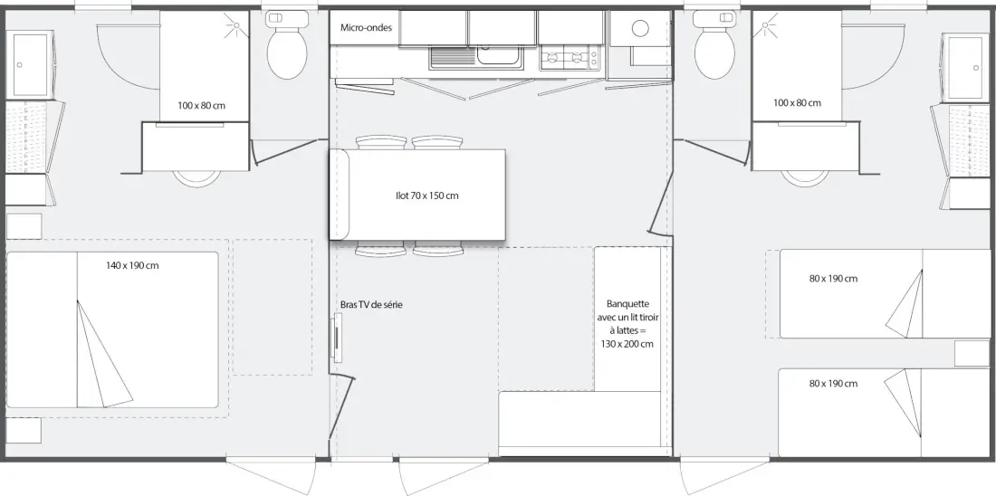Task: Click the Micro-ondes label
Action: pos(366,27)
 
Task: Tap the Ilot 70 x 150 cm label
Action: pos(426,196)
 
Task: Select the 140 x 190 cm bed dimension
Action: pos(132,265)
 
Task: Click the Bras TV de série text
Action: pos(371,305)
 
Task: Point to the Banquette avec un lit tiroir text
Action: pos(627,317)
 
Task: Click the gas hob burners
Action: pos(570,59)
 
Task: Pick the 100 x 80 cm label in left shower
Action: pos(201,105)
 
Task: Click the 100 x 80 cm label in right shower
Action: pos(797,103)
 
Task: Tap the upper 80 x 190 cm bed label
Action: pos(833,279)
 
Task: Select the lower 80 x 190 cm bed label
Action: pos(833,384)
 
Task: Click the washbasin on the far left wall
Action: pos(29,65)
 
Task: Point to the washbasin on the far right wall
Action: pos(965,67)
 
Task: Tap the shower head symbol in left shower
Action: pos(235,26)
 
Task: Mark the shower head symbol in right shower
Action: pos(765,26)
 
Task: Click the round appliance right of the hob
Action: pos(640,28)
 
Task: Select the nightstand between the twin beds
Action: pos(972,354)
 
